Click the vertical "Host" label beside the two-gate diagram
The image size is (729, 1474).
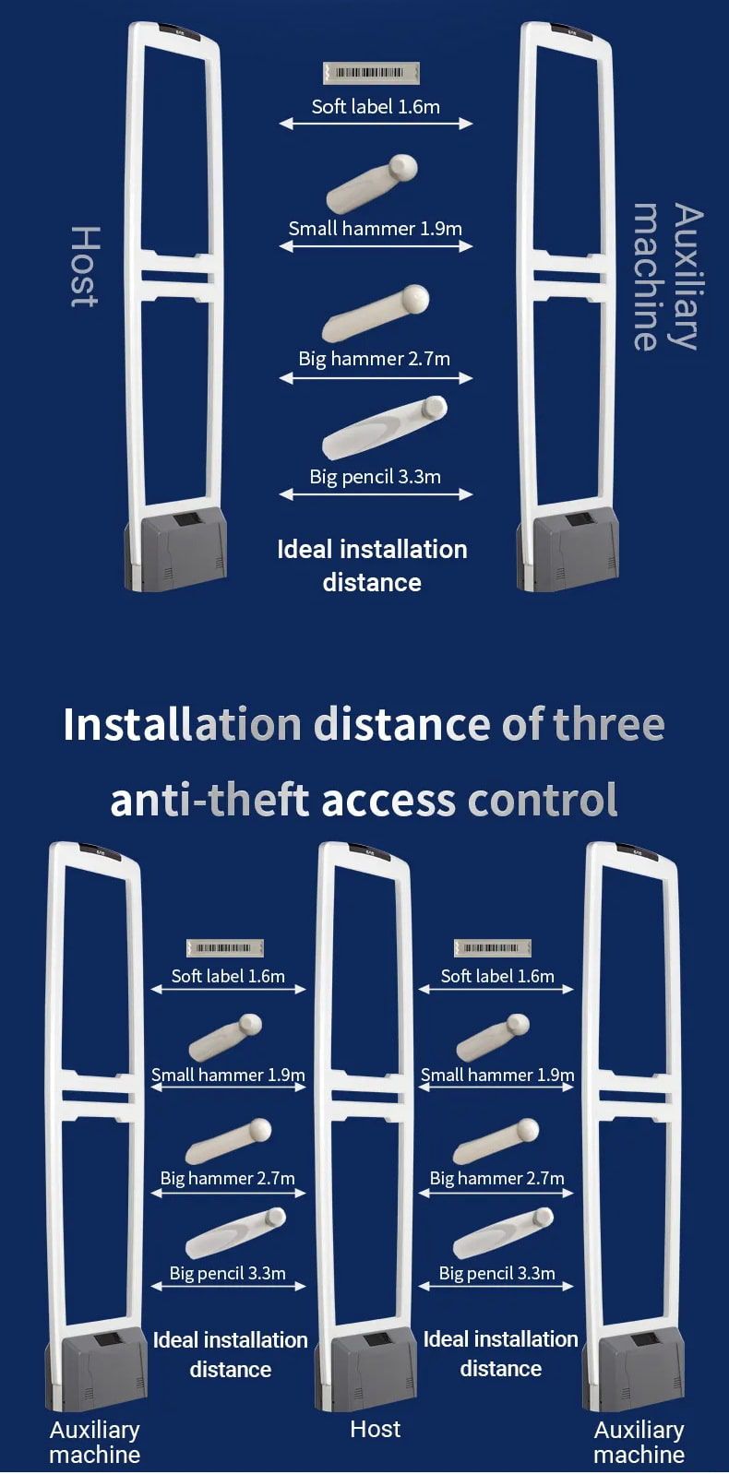(x=85, y=267)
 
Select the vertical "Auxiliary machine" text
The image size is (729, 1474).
(x=668, y=277)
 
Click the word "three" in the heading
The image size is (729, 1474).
(x=608, y=724)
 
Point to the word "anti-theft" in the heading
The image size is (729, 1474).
(x=209, y=800)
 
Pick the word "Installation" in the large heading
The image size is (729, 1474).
(x=183, y=724)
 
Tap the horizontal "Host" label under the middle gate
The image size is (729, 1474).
(x=376, y=1429)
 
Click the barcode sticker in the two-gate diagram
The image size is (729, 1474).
(x=371, y=73)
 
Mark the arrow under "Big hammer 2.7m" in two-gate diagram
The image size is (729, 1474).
(x=376, y=377)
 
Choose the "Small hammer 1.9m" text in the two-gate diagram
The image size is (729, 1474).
(x=376, y=229)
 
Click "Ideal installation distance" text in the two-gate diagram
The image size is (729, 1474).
(x=372, y=566)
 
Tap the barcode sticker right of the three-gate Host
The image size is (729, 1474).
(x=493, y=948)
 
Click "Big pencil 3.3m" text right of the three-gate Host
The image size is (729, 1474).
(x=497, y=1273)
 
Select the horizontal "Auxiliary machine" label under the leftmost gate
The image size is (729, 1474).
(x=95, y=1442)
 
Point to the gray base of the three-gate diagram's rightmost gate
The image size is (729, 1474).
(x=634, y=1369)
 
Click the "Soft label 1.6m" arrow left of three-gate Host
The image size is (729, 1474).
(x=229, y=989)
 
